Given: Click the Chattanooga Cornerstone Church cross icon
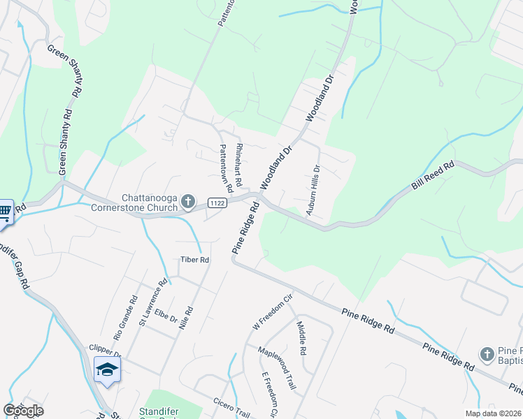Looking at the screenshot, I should [x=187, y=202].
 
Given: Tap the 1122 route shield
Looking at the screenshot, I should [x=217, y=203].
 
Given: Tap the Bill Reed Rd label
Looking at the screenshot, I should [x=433, y=175].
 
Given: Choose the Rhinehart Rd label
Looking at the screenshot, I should [x=238, y=164].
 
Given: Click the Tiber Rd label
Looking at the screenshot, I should [x=195, y=260].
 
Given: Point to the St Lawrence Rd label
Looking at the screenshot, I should [x=153, y=302].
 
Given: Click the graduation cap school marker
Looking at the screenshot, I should [x=107, y=369].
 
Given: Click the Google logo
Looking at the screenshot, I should [x=23, y=411].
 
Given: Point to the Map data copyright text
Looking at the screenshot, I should [x=493, y=413].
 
